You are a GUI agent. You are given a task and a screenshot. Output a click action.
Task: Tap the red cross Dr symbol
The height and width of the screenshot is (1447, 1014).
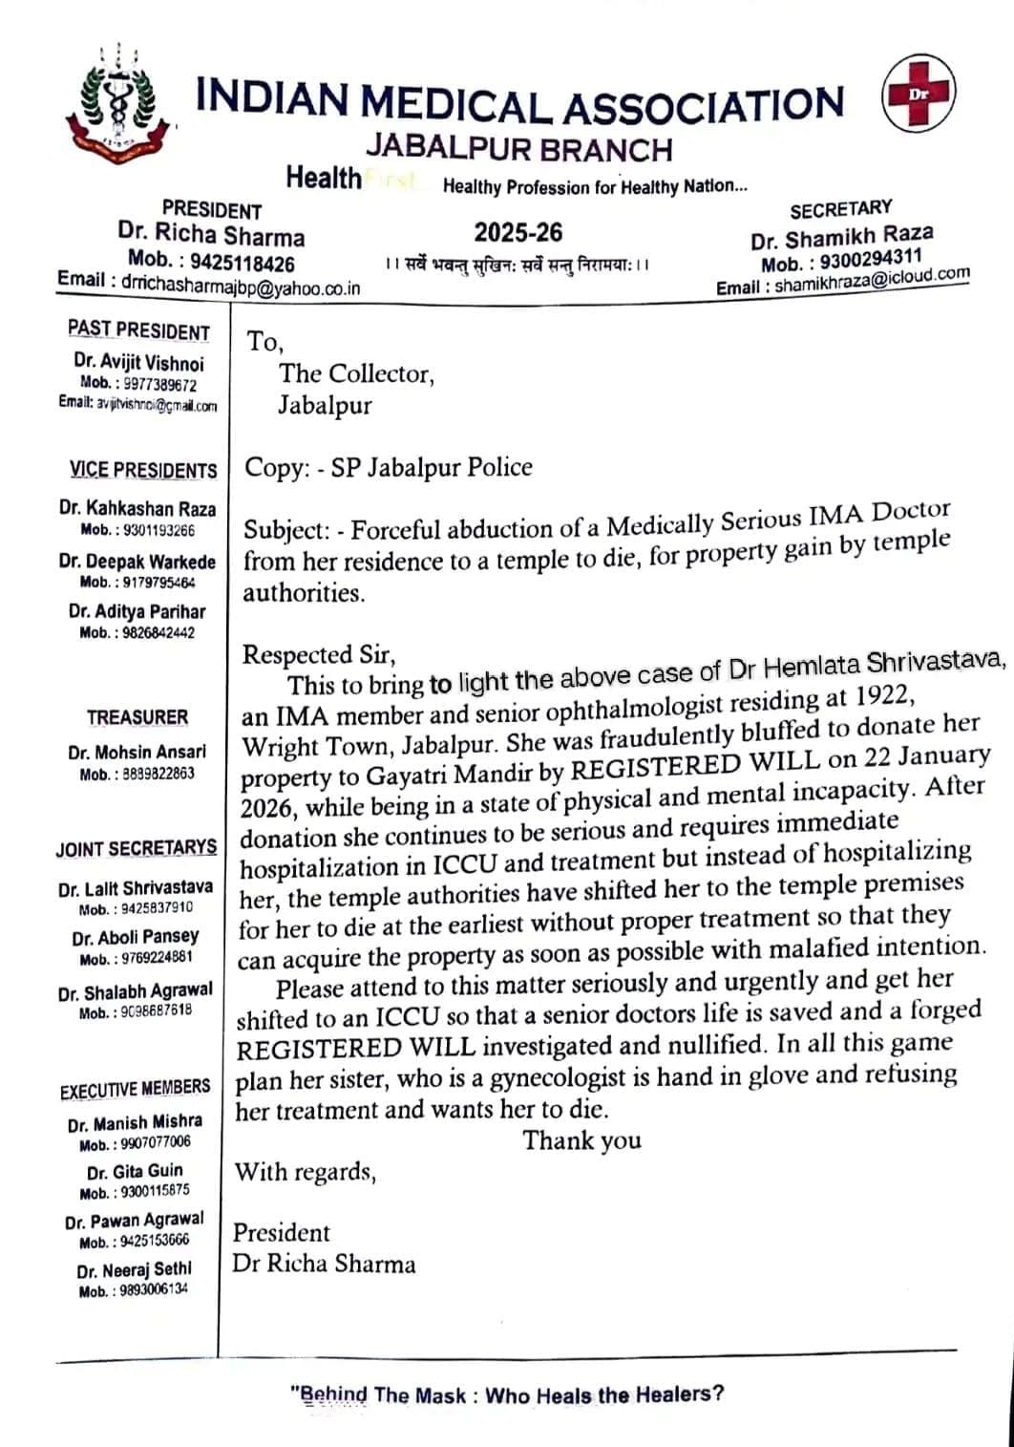coord(918,94)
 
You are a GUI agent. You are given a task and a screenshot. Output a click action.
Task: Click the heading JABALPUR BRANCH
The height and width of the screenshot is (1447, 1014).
coord(519,149)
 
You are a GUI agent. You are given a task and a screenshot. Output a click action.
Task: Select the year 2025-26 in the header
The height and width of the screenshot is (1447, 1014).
coord(518,232)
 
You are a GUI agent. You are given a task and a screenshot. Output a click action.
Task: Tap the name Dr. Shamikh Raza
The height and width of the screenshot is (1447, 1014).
coord(842,236)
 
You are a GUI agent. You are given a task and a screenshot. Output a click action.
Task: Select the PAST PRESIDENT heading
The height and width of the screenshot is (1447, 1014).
coord(138,331)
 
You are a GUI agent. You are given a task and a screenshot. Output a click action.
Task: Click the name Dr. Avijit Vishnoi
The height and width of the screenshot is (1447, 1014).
coord(138,363)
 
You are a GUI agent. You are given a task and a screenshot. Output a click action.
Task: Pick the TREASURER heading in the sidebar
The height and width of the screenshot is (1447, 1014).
coord(137,716)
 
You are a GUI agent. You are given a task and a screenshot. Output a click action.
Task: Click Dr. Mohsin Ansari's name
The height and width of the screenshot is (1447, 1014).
coord(137,752)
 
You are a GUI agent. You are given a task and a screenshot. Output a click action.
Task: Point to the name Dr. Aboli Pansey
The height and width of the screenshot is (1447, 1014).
coord(136,937)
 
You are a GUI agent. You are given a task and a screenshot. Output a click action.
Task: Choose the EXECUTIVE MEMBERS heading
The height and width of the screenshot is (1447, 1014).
coord(135,1089)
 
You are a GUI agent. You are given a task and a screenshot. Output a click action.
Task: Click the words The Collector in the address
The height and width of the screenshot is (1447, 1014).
coord(355,373)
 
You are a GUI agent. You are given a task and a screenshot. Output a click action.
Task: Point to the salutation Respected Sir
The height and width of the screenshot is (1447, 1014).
coord(317,654)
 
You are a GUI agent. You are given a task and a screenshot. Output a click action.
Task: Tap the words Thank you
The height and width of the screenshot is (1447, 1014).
coord(581,1139)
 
